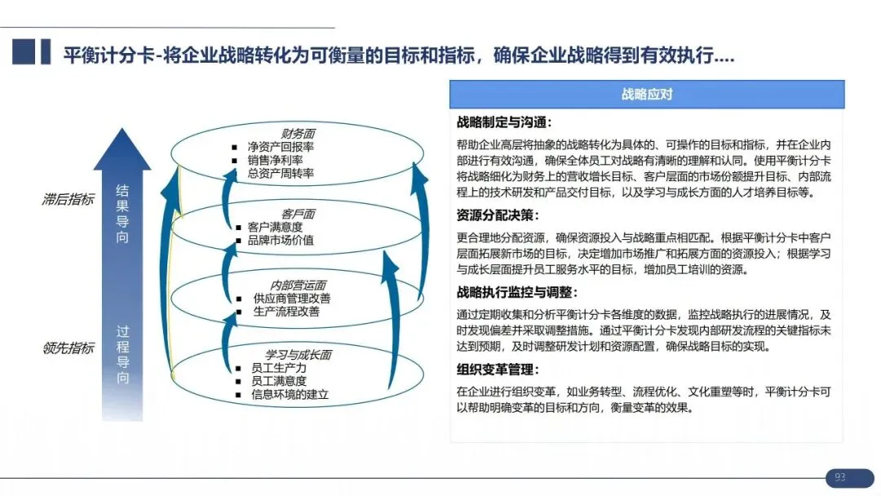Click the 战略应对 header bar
coord(646,95)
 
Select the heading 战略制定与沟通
coord(504,123)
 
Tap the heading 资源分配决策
coord(498,216)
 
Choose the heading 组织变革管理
coord(498,370)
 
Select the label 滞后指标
coord(68,199)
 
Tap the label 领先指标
coord(68,348)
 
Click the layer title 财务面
coord(299,134)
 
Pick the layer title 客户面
coord(299,214)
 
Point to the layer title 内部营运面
coord(299,285)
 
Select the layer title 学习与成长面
coord(299,355)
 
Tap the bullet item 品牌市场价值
coord(281,240)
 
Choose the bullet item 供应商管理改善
coord(292,299)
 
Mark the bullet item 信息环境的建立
coord(290,394)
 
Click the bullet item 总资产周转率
coord(281,173)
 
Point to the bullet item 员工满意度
coord(279,381)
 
